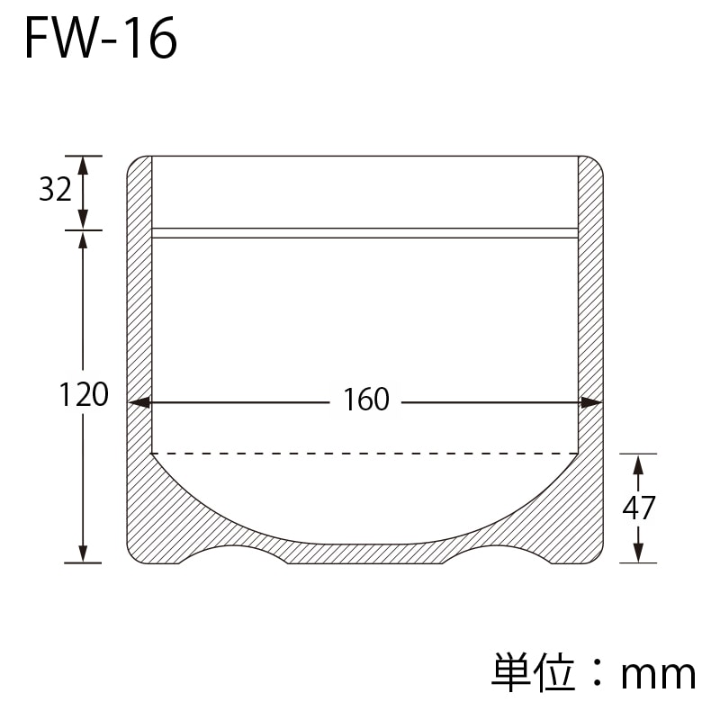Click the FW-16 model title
101,39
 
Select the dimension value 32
55,189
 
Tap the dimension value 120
84,394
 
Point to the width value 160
366,399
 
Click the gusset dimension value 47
639,508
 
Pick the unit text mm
659,676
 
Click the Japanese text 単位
533,671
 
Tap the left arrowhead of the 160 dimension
139,403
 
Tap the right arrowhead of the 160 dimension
591,403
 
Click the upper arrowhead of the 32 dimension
83,166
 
